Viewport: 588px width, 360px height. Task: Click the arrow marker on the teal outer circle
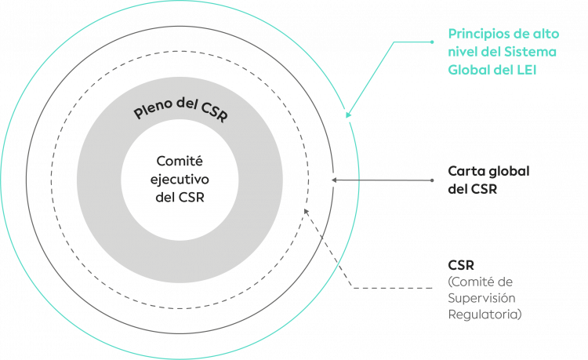[347, 115]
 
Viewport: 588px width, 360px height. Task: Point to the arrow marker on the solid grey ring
[332, 180]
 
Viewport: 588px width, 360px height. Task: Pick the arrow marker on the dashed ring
[306, 210]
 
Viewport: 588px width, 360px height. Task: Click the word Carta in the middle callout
[464, 172]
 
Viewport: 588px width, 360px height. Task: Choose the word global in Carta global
[510, 172]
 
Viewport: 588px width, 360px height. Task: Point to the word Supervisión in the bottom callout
[481, 298]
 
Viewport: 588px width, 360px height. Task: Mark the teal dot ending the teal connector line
[433, 39]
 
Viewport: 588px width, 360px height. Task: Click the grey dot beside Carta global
[433, 180]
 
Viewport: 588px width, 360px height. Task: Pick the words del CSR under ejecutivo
[180, 197]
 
